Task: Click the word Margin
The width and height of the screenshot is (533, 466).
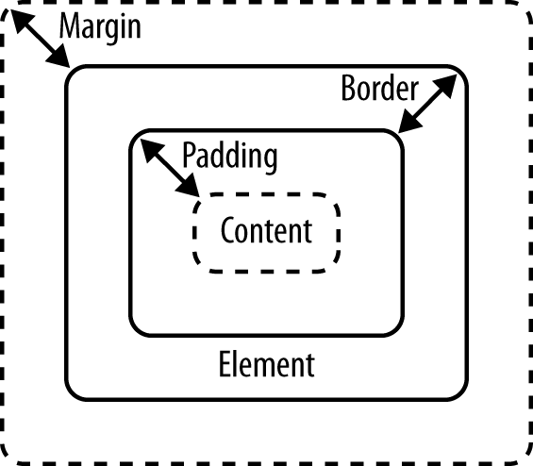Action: (x=99, y=26)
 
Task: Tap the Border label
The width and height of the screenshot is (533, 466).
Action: (x=378, y=90)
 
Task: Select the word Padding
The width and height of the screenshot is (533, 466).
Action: (x=229, y=156)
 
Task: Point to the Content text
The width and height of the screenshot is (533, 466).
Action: (x=265, y=230)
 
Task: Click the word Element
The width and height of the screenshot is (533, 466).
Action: (x=266, y=364)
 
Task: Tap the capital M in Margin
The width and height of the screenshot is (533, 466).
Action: (x=69, y=26)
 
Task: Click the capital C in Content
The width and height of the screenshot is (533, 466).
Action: (x=227, y=230)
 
